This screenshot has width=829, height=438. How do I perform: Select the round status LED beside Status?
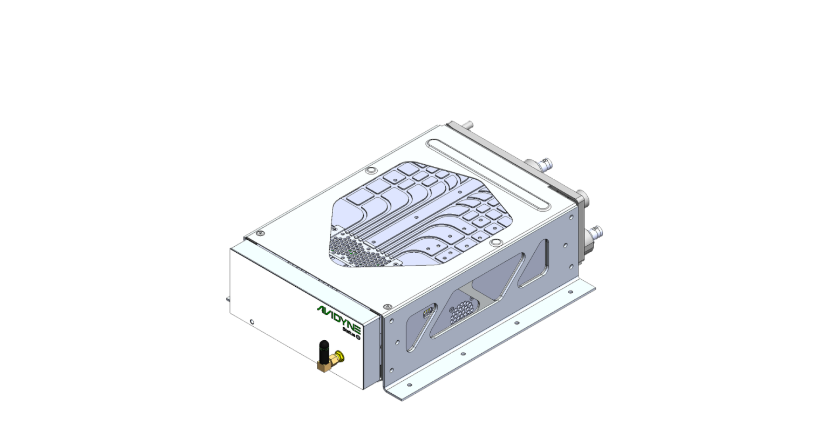[x=357, y=337]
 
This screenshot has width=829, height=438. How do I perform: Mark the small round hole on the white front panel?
[x=252, y=322]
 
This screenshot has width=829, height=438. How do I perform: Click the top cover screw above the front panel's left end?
[x=260, y=233]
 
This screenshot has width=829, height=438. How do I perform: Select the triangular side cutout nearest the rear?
[x=534, y=265]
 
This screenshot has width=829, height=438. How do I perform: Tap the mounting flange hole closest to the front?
[x=410, y=385]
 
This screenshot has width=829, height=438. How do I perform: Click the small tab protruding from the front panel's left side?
[x=228, y=298]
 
